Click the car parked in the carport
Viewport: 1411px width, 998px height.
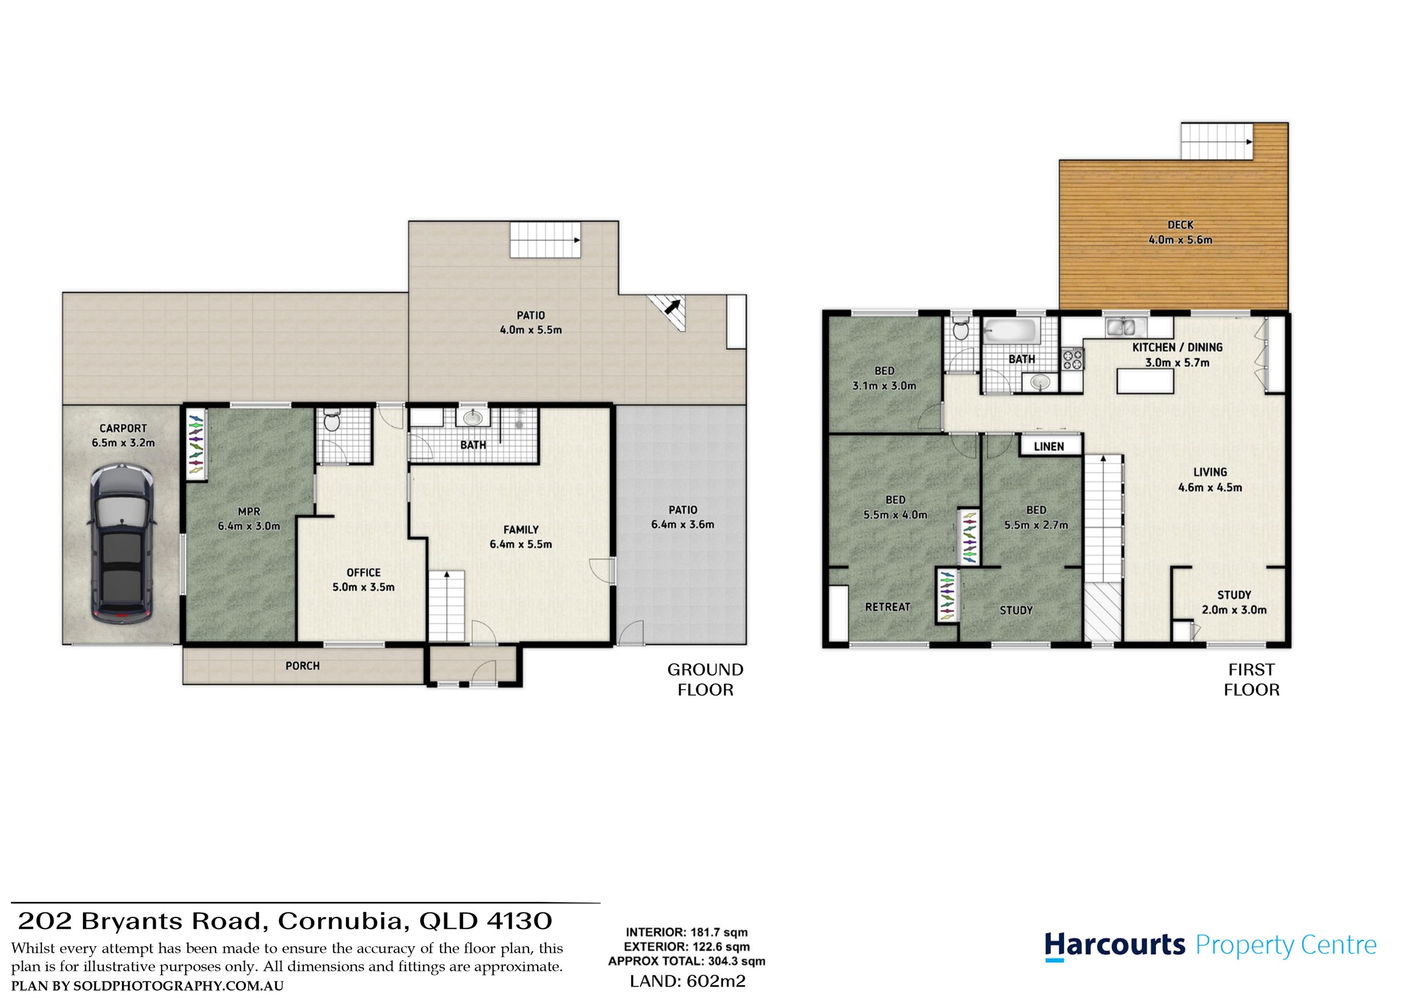pyautogui.click(x=122, y=544)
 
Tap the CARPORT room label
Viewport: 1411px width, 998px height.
pyautogui.click(x=123, y=428)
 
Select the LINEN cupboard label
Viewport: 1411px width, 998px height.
pyautogui.click(x=1048, y=446)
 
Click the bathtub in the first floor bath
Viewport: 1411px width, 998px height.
pyautogui.click(x=1011, y=332)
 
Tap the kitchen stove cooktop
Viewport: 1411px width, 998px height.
pyautogui.click(x=1072, y=359)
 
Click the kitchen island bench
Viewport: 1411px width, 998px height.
pyautogui.click(x=1145, y=381)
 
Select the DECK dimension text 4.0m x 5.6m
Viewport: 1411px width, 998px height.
pyautogui.click(x=1180, y=240)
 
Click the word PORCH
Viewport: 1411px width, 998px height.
pyautogui.click(x=302, y=666)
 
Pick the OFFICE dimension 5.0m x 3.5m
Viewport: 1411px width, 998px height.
pyautogui.click(x=363, y=587)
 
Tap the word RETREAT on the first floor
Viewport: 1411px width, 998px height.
pyautogui.click(x=887, y=607)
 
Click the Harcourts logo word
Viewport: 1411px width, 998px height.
pyautogui.click(x=1115, y=945)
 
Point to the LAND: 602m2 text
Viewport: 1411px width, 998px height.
pyautogui.click(x=688, y=982)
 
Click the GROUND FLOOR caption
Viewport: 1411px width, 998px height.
pyautogui.click(x=706, y=679)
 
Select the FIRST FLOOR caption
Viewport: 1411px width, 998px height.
pyautogui.click(x=1251, y=679)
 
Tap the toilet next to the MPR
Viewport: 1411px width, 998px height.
pyautogui.click(x=331, y=420)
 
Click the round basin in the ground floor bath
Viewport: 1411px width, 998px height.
pyautogui.click(x=472, y=418)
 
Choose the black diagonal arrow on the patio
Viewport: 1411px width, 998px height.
pyautogui.click(x=673, y=306)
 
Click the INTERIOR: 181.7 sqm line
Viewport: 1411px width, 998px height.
pyautogui.click(x=687, y=932)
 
